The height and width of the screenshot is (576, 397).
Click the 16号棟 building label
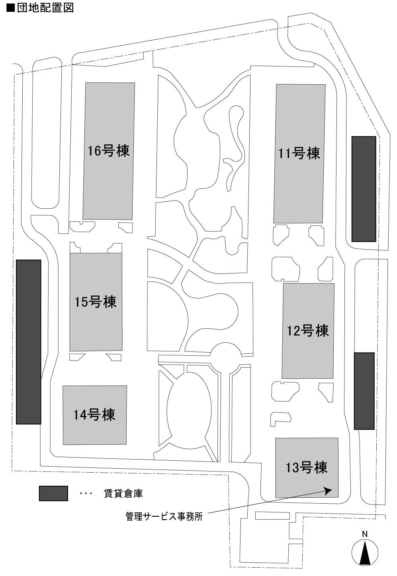108,151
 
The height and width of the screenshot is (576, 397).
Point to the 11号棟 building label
299,153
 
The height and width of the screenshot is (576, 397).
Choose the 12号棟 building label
308,331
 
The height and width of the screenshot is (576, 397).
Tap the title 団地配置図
45,8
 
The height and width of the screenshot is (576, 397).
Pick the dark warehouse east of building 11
364,189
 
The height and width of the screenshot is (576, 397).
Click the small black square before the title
11,8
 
